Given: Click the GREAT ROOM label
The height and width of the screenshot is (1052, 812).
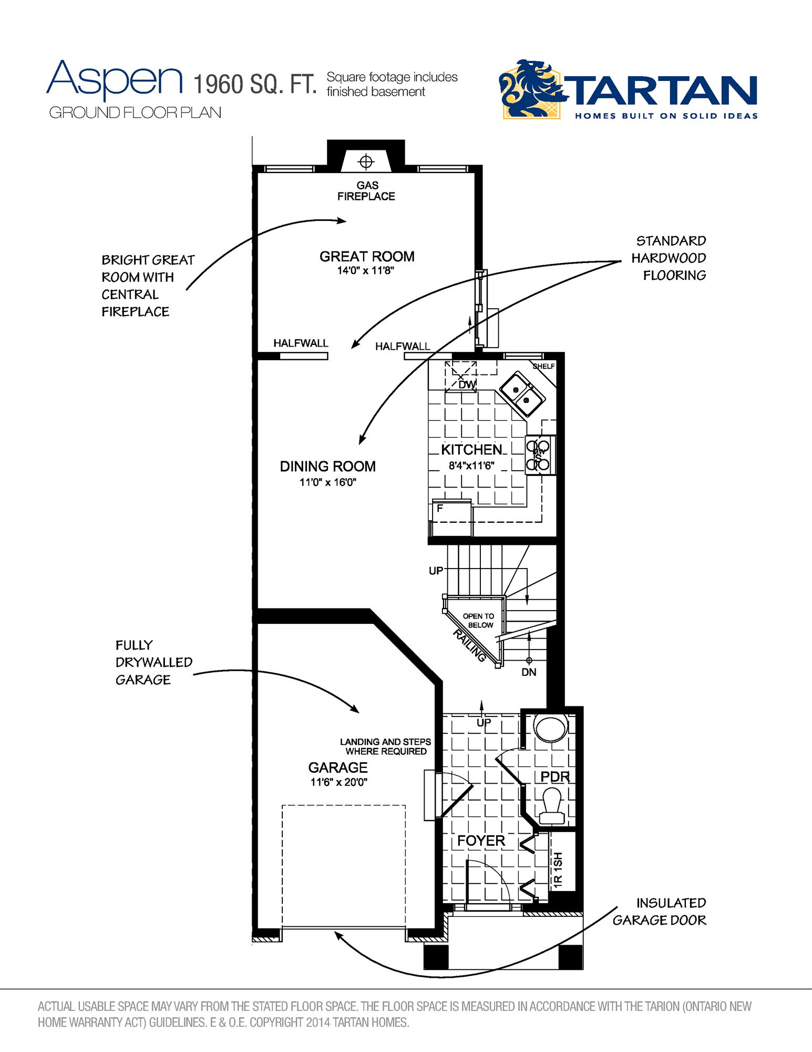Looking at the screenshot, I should click(367, 257).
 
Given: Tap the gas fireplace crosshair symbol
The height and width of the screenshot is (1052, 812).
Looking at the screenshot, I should click(366, 161).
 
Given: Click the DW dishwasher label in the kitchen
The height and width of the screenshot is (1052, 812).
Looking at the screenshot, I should click(467, 385).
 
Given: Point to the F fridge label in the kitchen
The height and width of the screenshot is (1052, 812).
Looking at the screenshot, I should click(440, 508).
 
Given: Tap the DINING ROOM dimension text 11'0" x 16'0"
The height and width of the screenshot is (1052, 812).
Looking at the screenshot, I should click(328, 482).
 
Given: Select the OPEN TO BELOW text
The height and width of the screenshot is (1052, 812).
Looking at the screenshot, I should click(478, 621).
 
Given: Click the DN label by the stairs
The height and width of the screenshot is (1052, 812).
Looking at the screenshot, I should click(529, 672).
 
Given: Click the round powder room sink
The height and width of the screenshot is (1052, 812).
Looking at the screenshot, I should click(550, 728).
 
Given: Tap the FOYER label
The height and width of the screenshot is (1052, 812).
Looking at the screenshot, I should click(481, 841).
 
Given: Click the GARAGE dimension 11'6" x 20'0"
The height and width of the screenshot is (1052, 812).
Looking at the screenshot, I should click(338, 782).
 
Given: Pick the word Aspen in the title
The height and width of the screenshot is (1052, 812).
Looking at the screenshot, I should click(115, 79).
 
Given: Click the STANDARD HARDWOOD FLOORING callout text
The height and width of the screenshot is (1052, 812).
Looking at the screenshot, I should click(669, 258).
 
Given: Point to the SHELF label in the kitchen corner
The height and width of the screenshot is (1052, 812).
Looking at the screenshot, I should click(543, 366).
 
